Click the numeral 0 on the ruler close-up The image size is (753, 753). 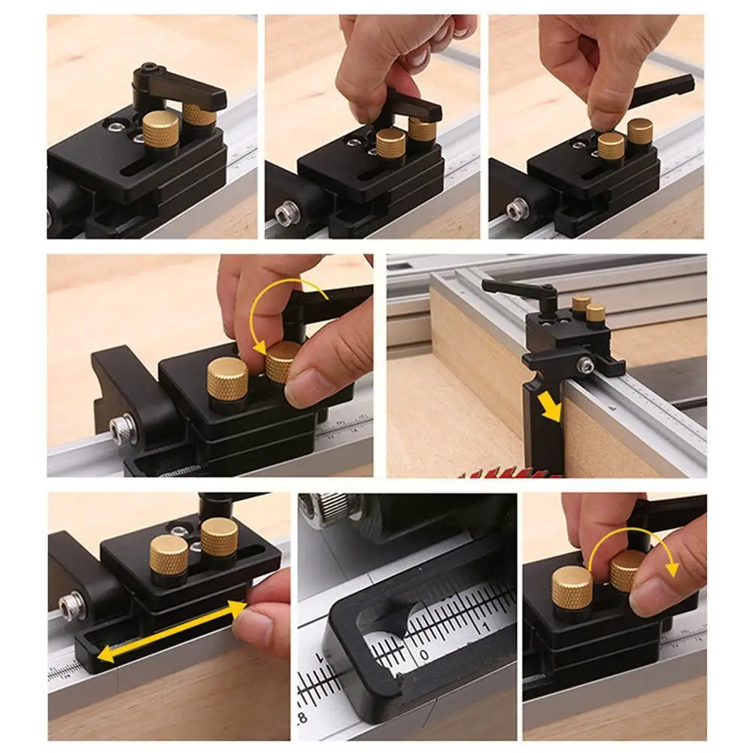pyautogui.click(x=424, y=655)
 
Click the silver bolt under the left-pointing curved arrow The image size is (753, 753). pyautogui.click(x=121, y=429)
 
